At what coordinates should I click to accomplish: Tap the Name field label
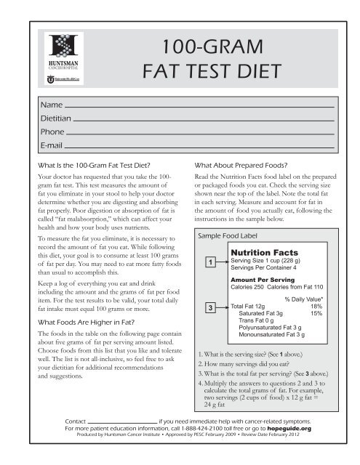(52, 105)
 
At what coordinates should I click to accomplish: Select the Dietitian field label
(58, 119)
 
